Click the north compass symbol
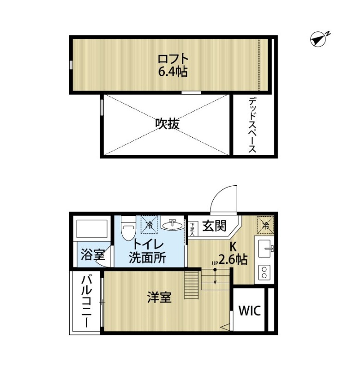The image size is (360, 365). (318, 40)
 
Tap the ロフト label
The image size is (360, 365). (173, 59)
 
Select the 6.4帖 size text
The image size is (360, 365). (173, 72)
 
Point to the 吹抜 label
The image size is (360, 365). (168, 124)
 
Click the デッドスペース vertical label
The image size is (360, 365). (252, 126)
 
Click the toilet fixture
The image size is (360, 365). (128, 228)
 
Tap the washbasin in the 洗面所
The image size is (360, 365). (172, 224)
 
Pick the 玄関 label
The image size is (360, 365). (214, 225)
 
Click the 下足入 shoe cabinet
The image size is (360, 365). (192, 229)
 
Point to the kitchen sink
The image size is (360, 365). (265, 249)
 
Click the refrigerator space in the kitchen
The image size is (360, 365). (265, 224)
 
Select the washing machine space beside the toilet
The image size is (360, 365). (149, 225)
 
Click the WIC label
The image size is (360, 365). (250, 310)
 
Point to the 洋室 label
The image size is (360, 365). (159, 297)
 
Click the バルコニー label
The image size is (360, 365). (86, 302)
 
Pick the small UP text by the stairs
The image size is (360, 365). (215, 264)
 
